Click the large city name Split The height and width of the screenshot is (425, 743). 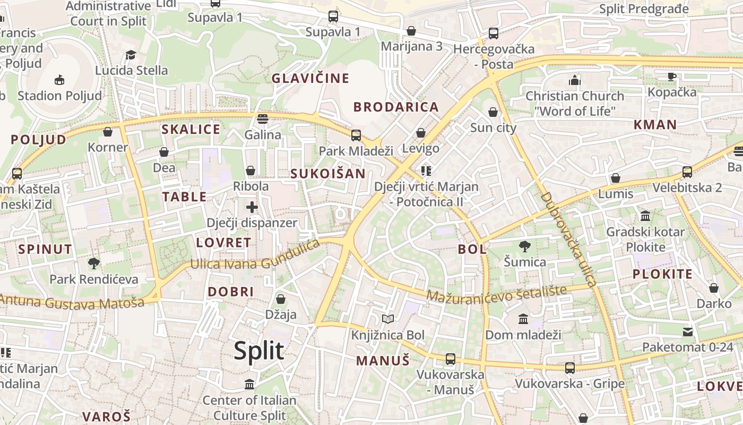click(x=259, y=351)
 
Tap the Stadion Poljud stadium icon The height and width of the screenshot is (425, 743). click(x=59, y=80)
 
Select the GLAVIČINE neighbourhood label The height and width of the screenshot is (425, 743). click(x=310, y=79)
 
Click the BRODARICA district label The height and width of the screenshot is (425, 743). click(x=396, y=107)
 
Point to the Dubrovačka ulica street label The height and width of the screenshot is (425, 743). click(x=569, y=240)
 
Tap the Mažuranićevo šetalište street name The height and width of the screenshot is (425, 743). click(x=497, y=294)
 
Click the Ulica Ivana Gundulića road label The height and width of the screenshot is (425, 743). click(x=255, y=257)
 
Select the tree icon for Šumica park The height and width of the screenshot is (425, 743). click(x=525, y=246)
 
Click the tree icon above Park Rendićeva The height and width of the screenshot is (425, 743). click(x=94, y=263)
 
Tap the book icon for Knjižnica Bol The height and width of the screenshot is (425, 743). click(x=388, y=319)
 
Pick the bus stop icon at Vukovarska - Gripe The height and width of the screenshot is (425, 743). click(x=569, y=368)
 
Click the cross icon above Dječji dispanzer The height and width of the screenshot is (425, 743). click(x=252, y=207)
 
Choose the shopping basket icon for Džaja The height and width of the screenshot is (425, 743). click(x=281, y=299)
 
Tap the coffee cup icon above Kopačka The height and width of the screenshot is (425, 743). click(x=672, y=76)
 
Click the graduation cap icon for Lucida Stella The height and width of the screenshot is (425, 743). click(x=131, y=55)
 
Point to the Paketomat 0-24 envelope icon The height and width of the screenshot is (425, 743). click(x=688, y=332)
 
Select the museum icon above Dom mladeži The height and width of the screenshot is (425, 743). click(x=523, y=319)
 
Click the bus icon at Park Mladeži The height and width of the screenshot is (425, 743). click(x=356, y=135)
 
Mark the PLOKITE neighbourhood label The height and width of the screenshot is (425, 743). click(x=662, y=274)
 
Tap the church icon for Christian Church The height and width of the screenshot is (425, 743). click(x=574, y=80)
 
